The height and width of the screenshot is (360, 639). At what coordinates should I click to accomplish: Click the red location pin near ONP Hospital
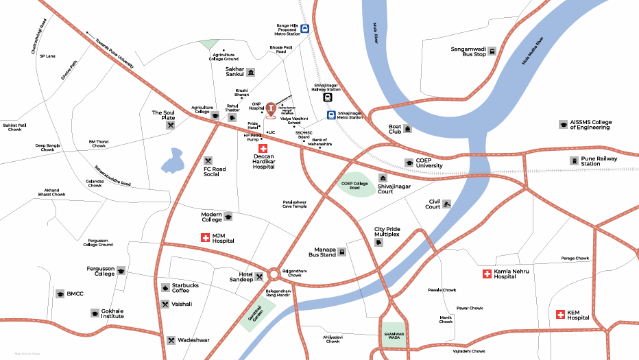[272, 109]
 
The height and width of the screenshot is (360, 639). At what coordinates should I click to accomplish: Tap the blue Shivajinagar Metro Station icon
[331, 115]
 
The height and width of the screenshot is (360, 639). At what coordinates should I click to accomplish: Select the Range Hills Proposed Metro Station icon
[304, 29]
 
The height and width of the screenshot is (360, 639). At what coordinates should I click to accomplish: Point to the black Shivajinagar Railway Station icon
[328, 97]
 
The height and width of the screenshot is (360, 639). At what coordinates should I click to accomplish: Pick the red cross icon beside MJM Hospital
[204, 238]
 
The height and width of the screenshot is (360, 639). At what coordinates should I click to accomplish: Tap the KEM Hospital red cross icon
[561, 315]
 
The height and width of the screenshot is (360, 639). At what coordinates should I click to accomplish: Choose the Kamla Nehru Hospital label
[514, 274]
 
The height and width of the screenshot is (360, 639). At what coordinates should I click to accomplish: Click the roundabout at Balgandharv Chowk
[274, 274]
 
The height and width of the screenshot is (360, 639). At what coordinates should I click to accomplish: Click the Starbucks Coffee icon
[165, 288]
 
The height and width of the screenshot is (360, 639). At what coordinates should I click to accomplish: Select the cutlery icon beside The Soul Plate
[170, 125]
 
